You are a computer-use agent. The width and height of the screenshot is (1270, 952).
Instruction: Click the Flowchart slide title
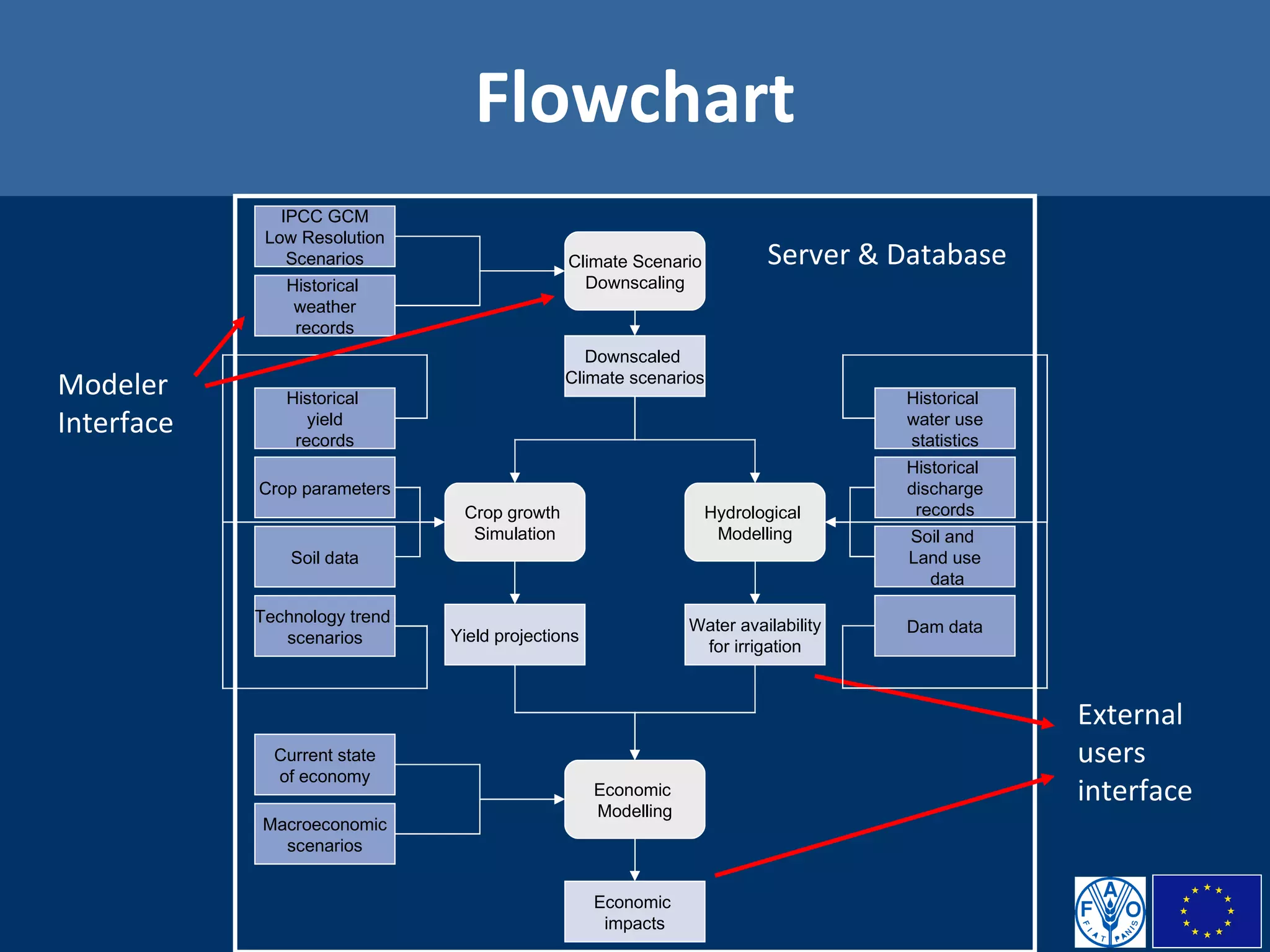pyautogui.click(x=634, y=98)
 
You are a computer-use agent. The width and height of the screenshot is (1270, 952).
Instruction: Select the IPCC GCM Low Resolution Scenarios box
pyautogui.click(x=324, y=237)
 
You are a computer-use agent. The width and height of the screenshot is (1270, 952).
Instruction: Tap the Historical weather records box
pyautogui.click(x=324, y=306)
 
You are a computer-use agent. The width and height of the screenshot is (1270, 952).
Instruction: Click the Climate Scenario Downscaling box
pyautogui.click(x=634, y=271)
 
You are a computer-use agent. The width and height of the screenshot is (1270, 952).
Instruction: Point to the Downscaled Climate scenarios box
pyautogui.click(x=634, y=366)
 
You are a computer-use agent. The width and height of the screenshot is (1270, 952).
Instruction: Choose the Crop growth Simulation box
pyautogui.click(x=514, y=522)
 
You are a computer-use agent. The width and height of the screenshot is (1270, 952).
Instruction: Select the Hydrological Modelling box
pyautogui.click(x=754, y=522)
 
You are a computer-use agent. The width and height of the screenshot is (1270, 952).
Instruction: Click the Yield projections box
pyautogui.click(x=514, y=635)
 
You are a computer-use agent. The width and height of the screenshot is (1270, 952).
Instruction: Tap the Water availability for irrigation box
pyautogui.click(x=754, y=635)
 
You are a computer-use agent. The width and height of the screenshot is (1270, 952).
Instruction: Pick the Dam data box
pyautogui.click(x=944, y=626)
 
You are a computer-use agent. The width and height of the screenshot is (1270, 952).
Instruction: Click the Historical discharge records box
pyautogui.click(x=944, y=488)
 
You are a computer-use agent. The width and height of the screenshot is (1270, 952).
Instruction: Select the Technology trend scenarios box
pyautogui.click(x=324, y=626)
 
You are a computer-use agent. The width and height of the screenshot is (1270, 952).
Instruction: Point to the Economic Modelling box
pyautogui.click(x=634, y=800)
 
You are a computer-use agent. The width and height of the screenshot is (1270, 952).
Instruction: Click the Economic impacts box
pyautogui.click(x=634, y=912)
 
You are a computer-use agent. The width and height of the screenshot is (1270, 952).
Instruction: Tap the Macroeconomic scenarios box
pyautogui.click(x=324, y=834)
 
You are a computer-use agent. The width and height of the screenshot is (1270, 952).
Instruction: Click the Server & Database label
pyautogui.click(x=886, y=255)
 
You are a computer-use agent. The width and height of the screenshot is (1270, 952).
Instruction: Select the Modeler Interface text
pyautogui.click(x=115, y=403)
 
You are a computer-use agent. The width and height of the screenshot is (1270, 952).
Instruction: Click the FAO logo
pyautogui.click(x=1110, y=912)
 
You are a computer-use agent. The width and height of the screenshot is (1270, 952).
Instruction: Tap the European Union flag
pyautogui.click(x=1206, y=911)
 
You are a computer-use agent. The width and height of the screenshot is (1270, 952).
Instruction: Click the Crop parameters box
pyautogui.click(x=324, y=488)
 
